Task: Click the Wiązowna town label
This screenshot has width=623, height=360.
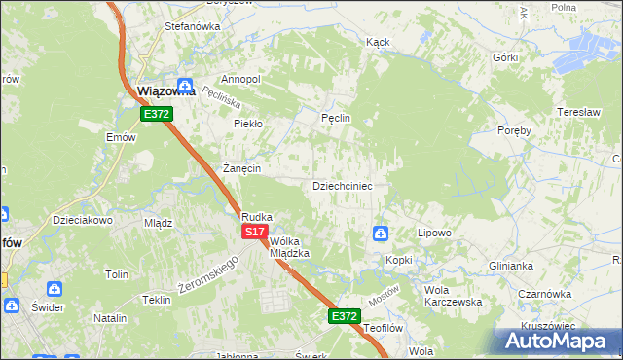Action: tap(166, 91)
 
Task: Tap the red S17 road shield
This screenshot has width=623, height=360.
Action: tap(254, 232)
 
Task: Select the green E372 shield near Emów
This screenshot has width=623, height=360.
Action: tap(156, 114)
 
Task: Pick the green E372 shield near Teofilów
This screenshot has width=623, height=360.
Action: tap(344, 316)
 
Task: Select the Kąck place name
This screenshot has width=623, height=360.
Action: tap(378, 43)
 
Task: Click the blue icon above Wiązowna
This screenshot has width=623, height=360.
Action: tap(185, 84)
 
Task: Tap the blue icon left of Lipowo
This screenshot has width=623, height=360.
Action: tap(380, 234)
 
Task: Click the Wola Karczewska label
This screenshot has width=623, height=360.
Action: tap(453, 296)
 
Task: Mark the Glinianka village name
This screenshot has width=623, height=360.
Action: tap(511, 265)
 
